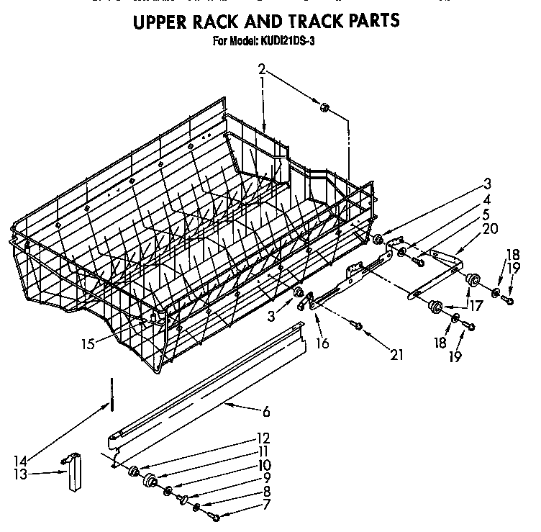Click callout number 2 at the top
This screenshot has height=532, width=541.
(x=262, y=70)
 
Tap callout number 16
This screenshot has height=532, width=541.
(x=322, y=343)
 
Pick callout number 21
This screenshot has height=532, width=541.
(x=396, y=354)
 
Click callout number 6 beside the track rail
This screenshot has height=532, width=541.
(x=265, y=411)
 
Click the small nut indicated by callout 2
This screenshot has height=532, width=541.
(x=324, y=108)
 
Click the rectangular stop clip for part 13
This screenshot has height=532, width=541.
(x=74, y=472)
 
